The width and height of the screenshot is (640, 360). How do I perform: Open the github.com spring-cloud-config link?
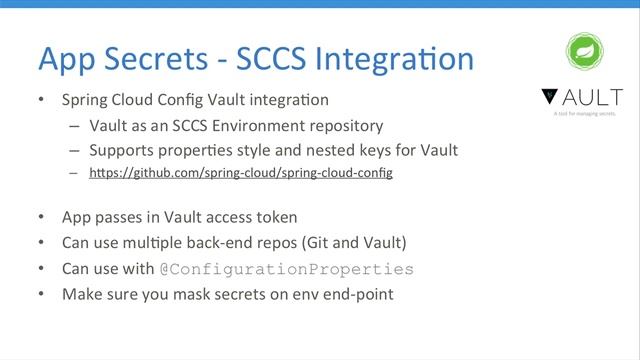[241, 173]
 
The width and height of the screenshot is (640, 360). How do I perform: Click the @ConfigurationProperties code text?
[286, 269]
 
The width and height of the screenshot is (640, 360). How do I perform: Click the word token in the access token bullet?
[275, 217]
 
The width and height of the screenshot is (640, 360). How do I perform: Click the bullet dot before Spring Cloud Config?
[41, 101]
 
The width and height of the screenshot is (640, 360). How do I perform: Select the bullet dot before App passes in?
[41, 217]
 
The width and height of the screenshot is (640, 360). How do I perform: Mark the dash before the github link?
[74, 174]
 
